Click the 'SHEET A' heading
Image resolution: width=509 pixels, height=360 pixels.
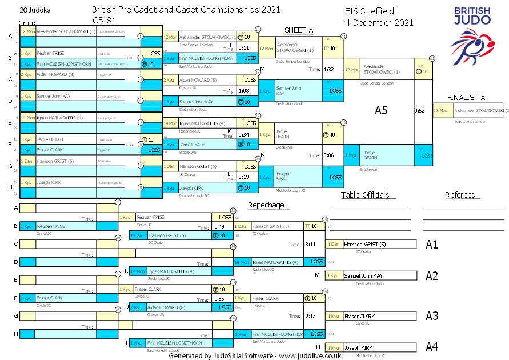point(299,30)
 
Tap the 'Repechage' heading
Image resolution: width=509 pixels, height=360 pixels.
point(266,205)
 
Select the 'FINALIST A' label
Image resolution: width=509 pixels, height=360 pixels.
point(466,97)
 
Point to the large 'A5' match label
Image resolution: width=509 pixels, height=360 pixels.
point(381,110)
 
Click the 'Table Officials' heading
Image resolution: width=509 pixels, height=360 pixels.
point(365,195)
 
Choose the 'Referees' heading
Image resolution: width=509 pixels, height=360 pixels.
point(460,195)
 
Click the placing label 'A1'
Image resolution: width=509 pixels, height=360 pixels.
point(432,245)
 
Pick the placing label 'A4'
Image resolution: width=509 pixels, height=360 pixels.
point(432,346)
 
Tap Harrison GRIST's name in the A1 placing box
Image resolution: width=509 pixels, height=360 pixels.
point(365,245)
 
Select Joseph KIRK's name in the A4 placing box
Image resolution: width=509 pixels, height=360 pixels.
point(358,347)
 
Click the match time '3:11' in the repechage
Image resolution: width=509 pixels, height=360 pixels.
point(311,244)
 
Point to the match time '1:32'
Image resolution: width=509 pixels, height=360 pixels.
point(329,69)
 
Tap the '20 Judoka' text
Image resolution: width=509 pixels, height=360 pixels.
point(35,10)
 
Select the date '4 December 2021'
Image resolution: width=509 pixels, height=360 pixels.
point(379,22)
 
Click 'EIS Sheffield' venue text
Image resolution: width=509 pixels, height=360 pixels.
point(370,11)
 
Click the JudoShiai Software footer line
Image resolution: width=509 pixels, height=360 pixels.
point(255,355)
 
